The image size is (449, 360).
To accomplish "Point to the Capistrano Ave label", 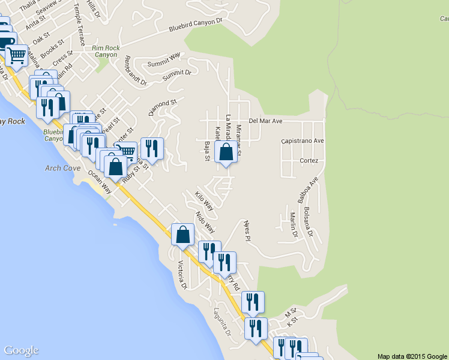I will (303, 142).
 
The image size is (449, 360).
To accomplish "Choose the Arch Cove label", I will (62, 168).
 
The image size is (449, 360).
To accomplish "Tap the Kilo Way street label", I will (204, 200).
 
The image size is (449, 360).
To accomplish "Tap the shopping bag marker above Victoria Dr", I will (183, 235).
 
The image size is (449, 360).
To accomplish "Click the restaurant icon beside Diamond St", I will (151, 148).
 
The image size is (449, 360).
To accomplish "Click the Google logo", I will (21, 351).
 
